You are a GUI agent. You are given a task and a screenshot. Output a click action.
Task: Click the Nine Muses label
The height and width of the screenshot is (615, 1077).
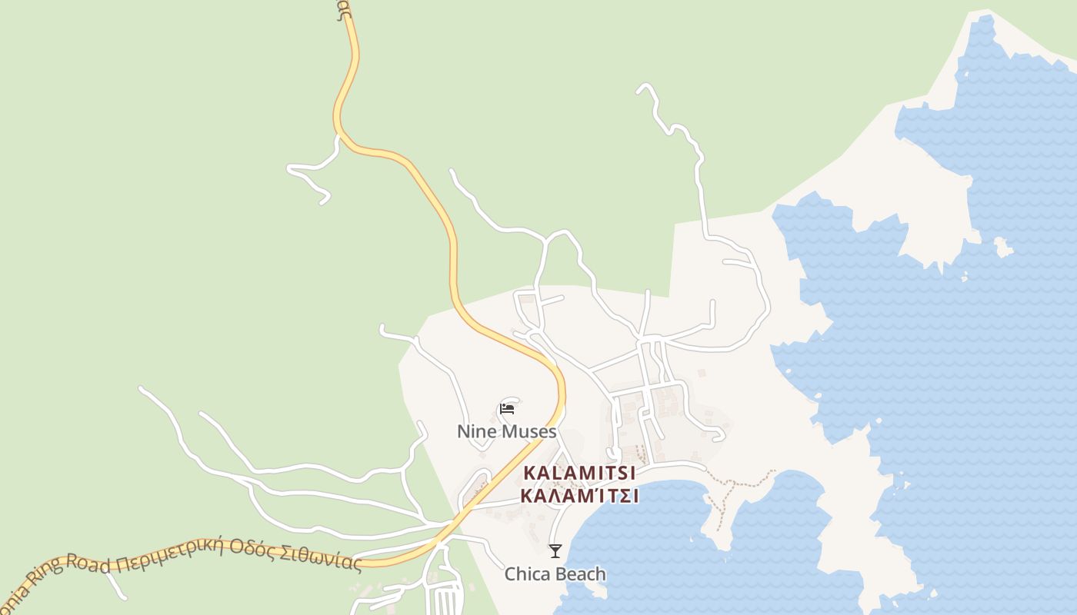pyautogui.click(x=506, y=432)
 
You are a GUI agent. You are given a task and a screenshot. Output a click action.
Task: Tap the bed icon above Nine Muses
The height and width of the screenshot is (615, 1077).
pyautogui.click(x=507, y=409)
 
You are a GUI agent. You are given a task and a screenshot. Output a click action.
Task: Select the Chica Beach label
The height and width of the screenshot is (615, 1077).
pyautogui.click(x=555, y=574)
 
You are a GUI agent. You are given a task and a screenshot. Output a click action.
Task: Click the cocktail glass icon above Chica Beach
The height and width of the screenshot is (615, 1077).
pyautogui.click(x=555, y=550)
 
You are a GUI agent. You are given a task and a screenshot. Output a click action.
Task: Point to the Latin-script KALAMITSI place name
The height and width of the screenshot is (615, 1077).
pyautogui.click(x=579, y=473)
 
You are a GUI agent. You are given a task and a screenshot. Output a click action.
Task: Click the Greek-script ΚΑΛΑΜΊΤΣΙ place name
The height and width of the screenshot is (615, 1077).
pyautogui.click(x=579, y=496)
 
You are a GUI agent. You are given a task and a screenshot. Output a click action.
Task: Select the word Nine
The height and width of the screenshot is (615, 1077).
pyautogui.click(x=475, y=432)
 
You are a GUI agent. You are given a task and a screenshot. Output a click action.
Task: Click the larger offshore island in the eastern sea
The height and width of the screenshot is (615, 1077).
pyautogui.click(x=1002, y=248)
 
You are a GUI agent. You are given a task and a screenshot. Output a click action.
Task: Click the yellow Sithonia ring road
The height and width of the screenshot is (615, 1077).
pyautogui.click(x=452, y=254)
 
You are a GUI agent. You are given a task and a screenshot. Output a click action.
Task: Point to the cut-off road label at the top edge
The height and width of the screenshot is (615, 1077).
pyautogui.click(x=344, y=9)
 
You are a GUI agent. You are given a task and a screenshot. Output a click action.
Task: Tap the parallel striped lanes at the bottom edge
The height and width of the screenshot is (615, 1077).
pyautogui.click(x=447, y=600)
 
